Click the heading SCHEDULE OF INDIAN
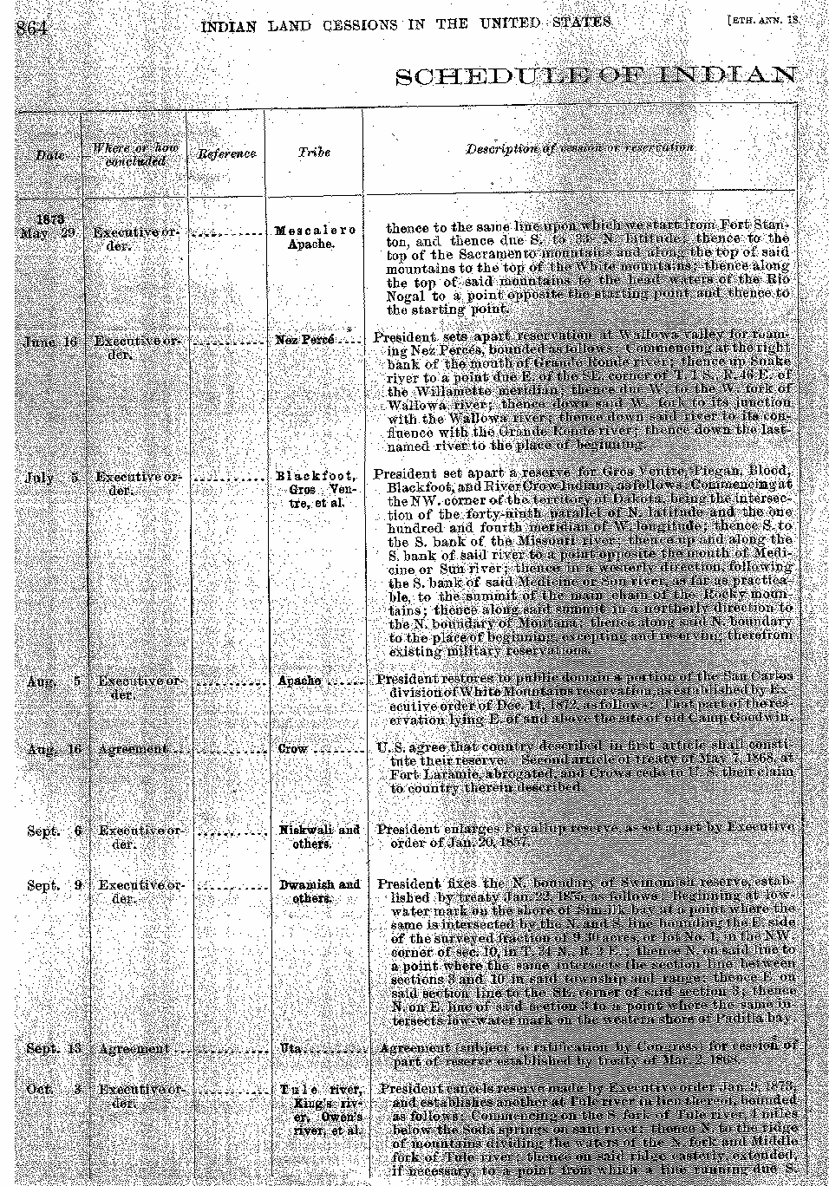(x=596, y=75)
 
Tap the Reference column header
(x=226, y=153)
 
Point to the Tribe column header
(x=314, y=152)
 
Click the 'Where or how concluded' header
(x=135, y=154)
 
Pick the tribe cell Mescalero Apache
(x=315, y=238)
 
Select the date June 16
(x=51, y=342)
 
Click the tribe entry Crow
(x=293, y=748)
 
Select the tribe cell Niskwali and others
(x=319, y=837)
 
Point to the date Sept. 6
(x=54, y=831)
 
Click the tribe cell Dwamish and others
(x=319, y=891)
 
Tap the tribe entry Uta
(x=290, y=1048)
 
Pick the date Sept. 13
(x=54, y=1049)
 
